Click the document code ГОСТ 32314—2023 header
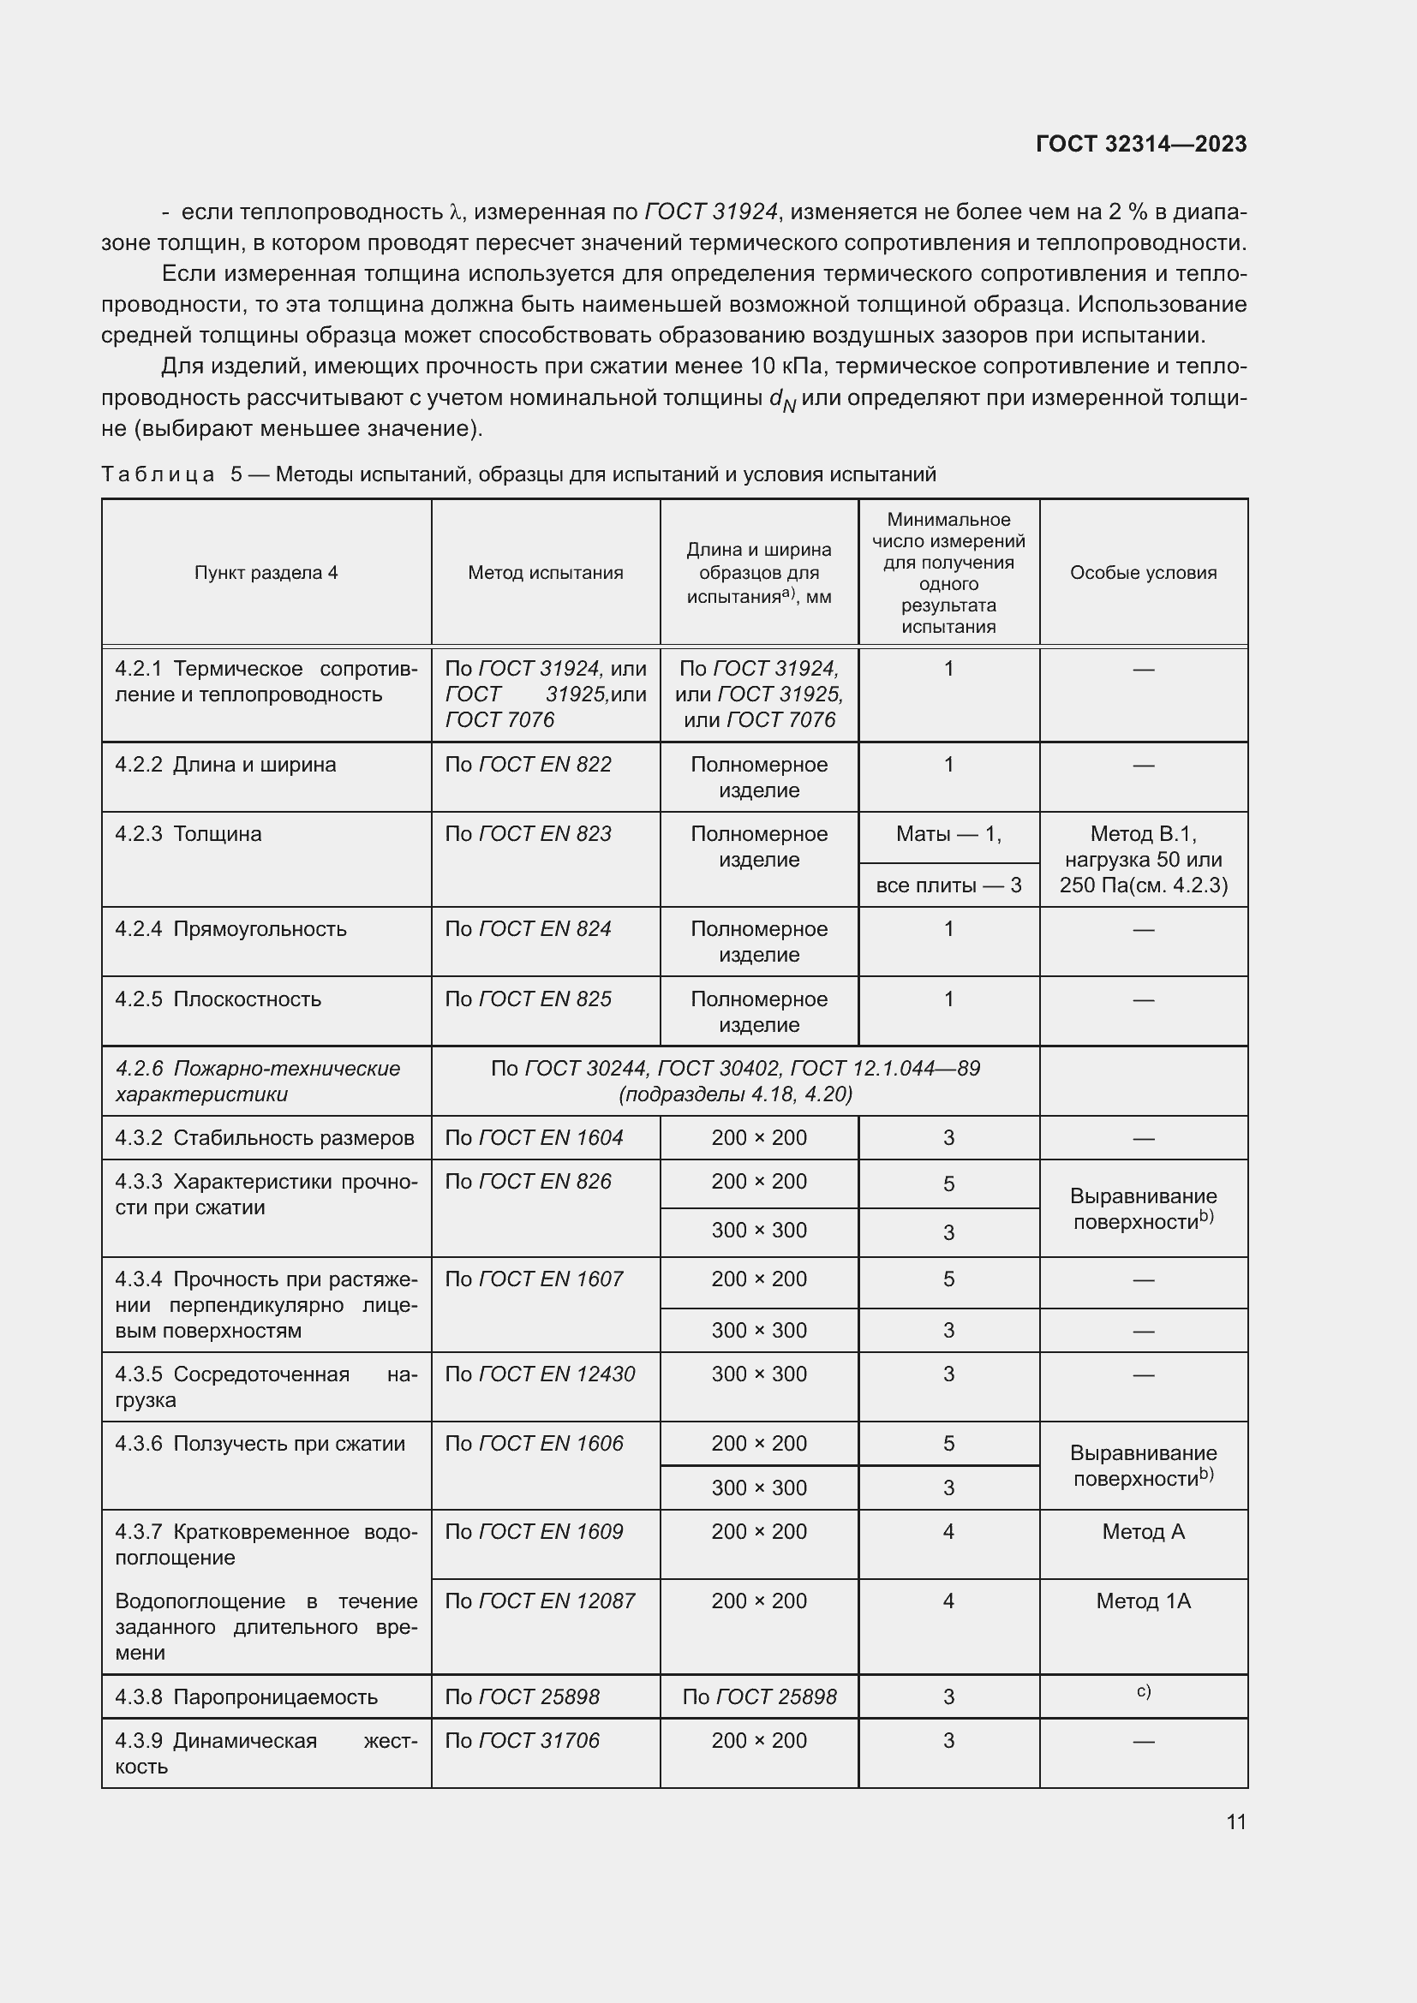pyautogui.click(x=1140, y=144)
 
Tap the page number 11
pyautogui.click(x=1235, y=1821)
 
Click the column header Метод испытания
pyautogui.click(x=546, y=573)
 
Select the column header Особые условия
pyautogui.click(x=1142, y=573)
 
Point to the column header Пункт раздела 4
pyautogui.click(x=266, y=573)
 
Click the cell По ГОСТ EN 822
pyautogui.click(x=528, y=765)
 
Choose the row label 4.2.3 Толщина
pyautogui.click(x=188, y=834)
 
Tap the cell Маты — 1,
pyautogui.click(x=948, y=834)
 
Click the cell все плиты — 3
pyautogui.click(x=948, y=885)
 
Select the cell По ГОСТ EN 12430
pyautogui.click(x=539, y=1374)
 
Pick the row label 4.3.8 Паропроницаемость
pyautogui.click(x=246, y=1696)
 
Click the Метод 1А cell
pyautogui.click(x=1142, y=1601)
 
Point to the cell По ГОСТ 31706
pyautogui.click(x=522, y=1740)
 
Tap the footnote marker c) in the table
pyautogui.click(x=1143, y=1691)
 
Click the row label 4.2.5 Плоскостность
pyautogui.click(x=218, y=999)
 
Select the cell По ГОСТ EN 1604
pyautogui.click(x=534, y=1137)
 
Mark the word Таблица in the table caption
pyautogui.click(x=158, y=474)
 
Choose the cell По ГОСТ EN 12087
pyautogui.click(x=539, y=1601)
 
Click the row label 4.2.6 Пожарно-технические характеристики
pyautogui.click(x=257, y=1081)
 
